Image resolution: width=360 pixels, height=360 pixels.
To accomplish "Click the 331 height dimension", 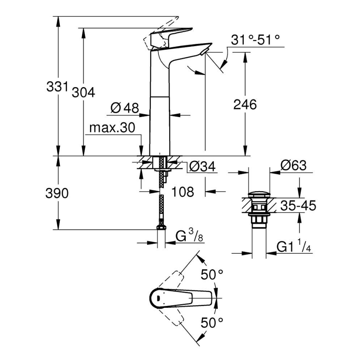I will [x=56, y=87].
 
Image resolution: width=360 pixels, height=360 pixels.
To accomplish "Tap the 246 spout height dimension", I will [x=245, y=105].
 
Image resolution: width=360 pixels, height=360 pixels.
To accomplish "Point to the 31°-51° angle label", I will [x=255, y=40].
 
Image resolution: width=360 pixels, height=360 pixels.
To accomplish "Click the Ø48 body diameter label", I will [x=124, y=108].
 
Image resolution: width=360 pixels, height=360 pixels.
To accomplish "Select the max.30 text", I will [x=112, y=129].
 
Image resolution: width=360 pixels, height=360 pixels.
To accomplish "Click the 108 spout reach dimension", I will [x=182, y=192].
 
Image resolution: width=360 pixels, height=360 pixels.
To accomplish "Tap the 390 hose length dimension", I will [x=56, y=193].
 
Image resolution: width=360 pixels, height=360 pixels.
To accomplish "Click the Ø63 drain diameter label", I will [x=293, y=166].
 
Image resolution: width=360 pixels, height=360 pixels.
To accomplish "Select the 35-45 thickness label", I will [x=298, y=205].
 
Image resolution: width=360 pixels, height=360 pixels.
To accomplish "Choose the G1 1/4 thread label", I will [x=294, y=247].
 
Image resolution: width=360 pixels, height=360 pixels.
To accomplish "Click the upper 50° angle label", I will [x=212, y=275].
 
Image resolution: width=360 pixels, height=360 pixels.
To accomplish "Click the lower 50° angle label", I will [x=212, y=322].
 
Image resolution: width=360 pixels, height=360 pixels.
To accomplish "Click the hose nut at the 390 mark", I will [x=161, y=227].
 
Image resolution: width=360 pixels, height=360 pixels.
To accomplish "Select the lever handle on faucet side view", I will [x=174, y=34].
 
